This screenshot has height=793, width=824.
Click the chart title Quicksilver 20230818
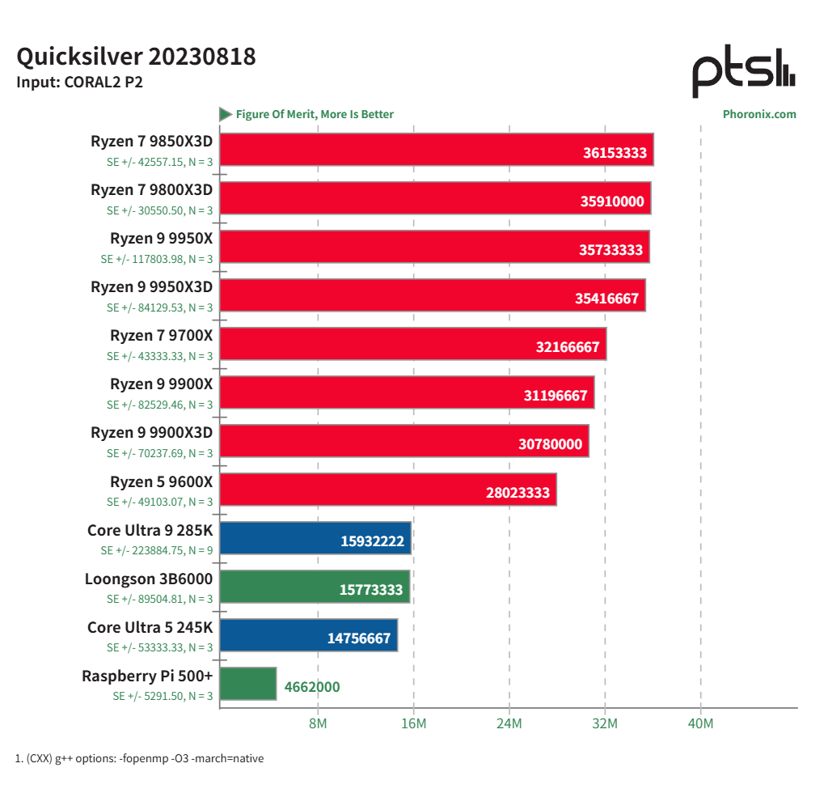(136, 57)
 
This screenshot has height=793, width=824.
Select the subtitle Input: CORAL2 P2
(79, 82)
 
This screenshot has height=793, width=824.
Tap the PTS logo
(743, 72)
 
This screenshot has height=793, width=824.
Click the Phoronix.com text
(759, 114)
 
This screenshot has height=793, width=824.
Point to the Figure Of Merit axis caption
(315, 114)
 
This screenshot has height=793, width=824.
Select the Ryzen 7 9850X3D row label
(151, 142)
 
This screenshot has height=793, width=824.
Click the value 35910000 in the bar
(612, 201)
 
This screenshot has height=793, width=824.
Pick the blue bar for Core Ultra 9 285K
(315, 538)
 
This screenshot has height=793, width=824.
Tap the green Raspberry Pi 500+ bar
(247, 684)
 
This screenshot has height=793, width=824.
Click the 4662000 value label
(312, 687)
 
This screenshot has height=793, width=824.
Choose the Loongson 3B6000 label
(149, 579)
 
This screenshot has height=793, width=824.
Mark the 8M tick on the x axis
(318, 723)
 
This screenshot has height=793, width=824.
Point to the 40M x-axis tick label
(700, 723)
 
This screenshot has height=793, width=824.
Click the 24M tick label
(509, 723)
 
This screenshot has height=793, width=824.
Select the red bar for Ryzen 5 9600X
(387, 490)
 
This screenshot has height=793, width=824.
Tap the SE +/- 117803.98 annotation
(157, 259)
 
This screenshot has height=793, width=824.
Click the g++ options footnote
(139, 758)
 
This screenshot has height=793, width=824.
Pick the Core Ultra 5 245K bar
(308, 635)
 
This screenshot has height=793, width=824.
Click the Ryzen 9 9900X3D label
(151, 433)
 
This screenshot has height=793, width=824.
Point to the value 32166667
(568, 347)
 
